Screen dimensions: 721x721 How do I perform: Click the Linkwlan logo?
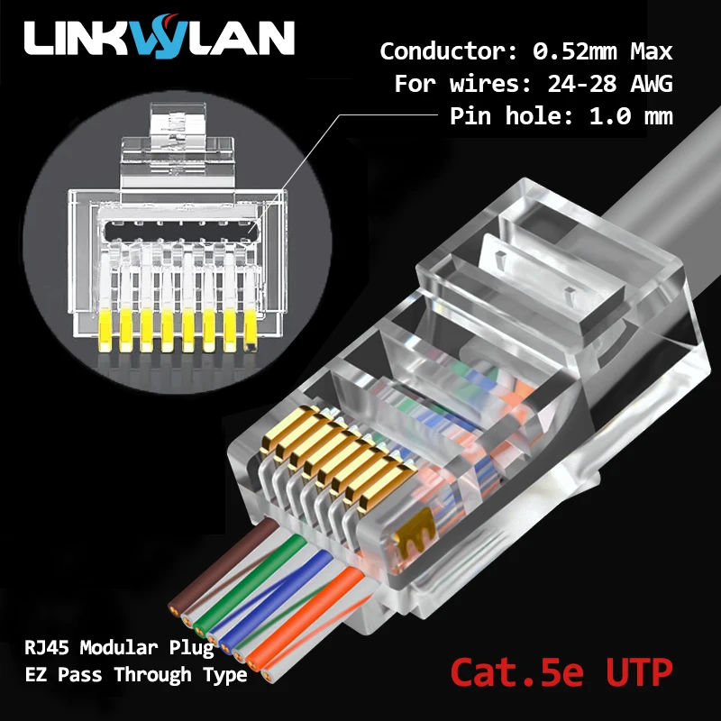coord(159,38)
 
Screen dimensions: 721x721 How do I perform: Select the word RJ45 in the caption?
coord(47,647)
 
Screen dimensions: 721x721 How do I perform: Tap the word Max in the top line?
coord(647,50)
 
